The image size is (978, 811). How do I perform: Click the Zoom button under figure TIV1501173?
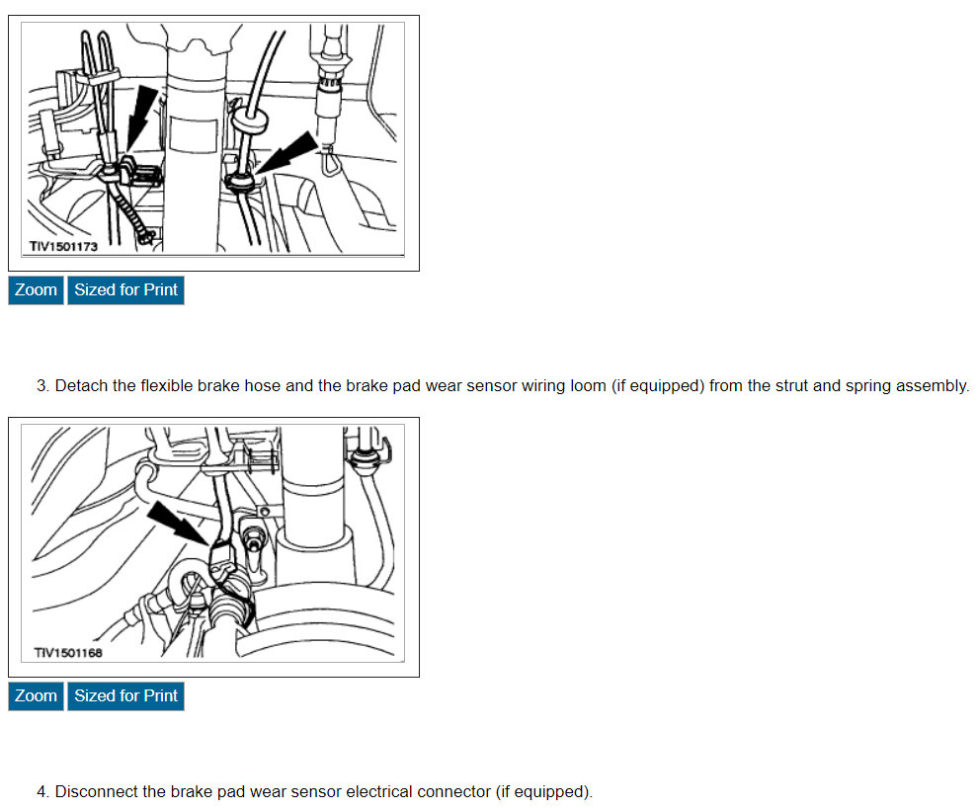(36, 290)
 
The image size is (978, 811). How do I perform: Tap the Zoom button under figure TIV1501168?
(36, 696)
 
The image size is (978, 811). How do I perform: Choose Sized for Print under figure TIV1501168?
(126, 696)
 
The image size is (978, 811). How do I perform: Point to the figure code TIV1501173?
(63, 246)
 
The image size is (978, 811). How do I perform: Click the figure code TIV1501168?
(68, 653)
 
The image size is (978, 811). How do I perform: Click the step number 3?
(42, 385)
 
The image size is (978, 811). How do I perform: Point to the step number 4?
(42, 791)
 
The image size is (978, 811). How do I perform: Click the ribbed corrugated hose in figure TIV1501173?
(134, 211)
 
